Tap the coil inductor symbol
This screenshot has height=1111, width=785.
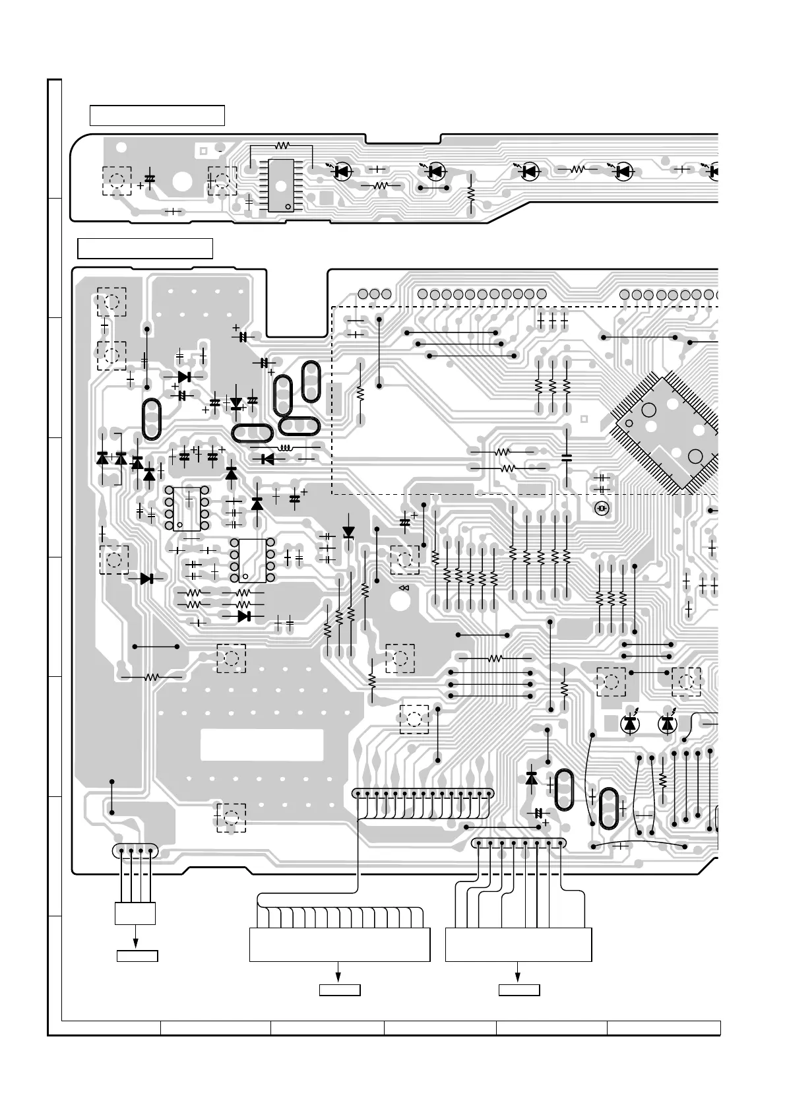coord(286,448)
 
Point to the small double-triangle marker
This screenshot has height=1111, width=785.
coord(404,588)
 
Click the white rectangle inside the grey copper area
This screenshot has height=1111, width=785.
coord(262,744)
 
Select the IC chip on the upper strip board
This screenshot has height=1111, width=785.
coord(282,185)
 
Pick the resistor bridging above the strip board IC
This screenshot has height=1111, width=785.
coord(282,144)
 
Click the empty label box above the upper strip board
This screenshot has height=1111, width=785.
coord(157,115)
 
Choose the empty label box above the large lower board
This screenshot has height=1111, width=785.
coord(145,249)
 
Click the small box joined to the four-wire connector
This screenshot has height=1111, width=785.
coord(135,914)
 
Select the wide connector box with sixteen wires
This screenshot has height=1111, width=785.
coord(340,945)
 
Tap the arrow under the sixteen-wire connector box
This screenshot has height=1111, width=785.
coord(340,972)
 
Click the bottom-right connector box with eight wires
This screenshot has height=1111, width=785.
coord(518,945)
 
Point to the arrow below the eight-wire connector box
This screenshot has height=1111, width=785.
coord(518,972)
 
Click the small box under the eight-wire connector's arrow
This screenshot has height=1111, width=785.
coord(518,990)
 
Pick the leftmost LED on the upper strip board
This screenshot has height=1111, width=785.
coord(342,172)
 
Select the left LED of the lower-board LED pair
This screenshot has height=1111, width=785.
coord(631,724)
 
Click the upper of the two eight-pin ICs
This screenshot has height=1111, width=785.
coord(187,508)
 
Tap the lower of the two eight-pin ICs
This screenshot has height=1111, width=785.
coord(252,560)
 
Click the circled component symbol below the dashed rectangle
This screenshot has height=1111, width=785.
coord(601,509)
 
